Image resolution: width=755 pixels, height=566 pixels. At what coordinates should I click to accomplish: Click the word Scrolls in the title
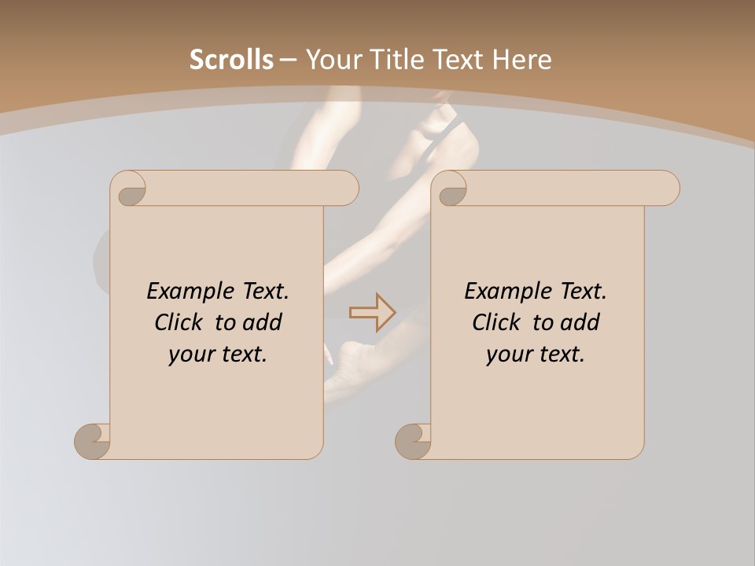coord(232,60)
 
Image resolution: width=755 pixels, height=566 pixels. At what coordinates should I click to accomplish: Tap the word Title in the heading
coord(425,60)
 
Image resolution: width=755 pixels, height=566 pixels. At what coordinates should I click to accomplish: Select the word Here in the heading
coord(522,60)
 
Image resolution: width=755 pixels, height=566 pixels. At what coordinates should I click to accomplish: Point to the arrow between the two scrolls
coord(372,313)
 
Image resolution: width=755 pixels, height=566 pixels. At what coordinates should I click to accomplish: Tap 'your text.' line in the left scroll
coord(218,354)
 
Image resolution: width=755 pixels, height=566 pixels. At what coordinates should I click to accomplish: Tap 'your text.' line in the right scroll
coord(536,354)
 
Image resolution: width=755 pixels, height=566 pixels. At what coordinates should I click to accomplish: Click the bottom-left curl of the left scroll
coord(92,440)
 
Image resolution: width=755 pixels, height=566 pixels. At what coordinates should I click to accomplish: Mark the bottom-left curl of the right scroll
coord(413,440)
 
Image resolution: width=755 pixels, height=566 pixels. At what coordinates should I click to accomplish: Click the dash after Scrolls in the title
coord(288,60)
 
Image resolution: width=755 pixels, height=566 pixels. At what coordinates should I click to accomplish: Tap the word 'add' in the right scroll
coord(580,322)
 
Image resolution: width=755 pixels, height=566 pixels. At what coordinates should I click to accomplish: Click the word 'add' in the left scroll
coord(262,322)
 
